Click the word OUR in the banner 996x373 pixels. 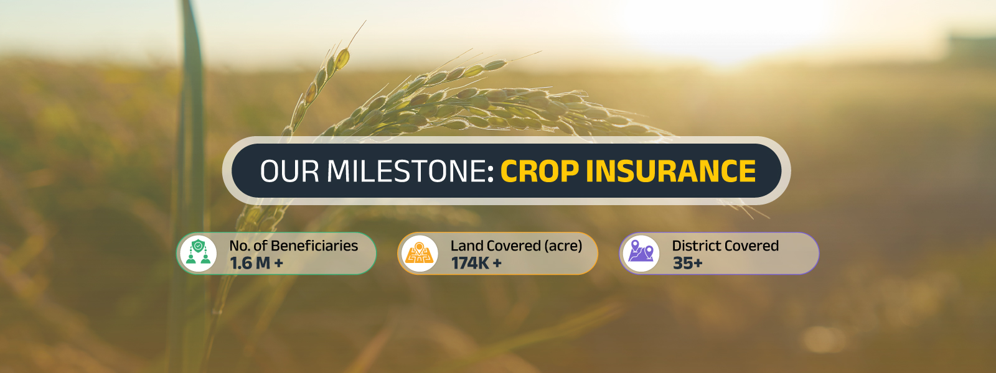click(x=289, y=171)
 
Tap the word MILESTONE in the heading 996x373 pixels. click(x=406, y=171)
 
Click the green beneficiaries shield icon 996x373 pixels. click(x=198, y=253)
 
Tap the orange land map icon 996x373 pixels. click(x=420, y=253)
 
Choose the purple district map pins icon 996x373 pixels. click(x=641, y=253)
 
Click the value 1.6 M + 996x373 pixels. click(x=256, y=264)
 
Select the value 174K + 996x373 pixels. click(x=477, y=264)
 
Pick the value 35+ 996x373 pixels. click(x=687, y=264)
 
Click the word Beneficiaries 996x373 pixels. click(x=314, y=246)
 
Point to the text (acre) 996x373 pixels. click(x=563, y=246)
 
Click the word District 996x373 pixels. click(x=694, y=246)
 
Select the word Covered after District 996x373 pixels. click(x=749, y=246)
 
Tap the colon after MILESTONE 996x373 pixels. click(x=491, y=173)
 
